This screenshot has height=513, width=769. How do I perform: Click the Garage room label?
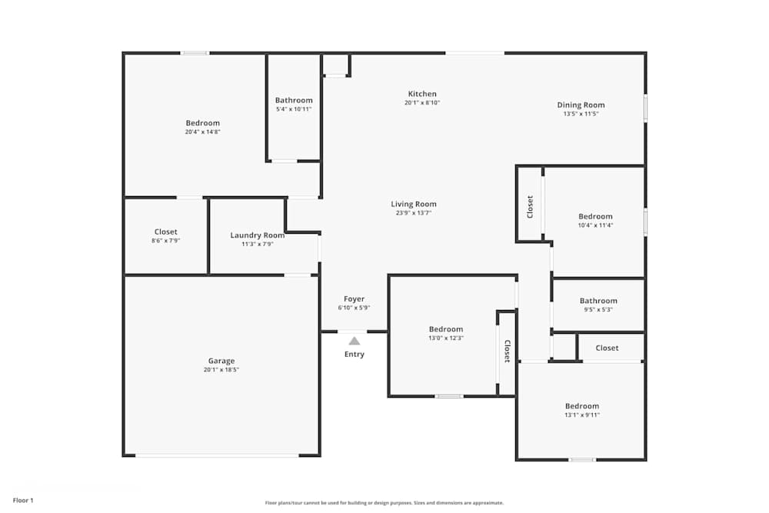(x=221, y=361)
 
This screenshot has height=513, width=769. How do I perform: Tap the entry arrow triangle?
(x=354, y=340)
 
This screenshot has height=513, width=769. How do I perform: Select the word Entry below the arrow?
(x=355, y=355)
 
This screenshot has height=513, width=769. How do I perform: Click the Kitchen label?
(x=422, y=94)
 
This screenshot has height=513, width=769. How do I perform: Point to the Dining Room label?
(x=581, y=105)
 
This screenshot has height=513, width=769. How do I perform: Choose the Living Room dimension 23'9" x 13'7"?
(x=414, y=213)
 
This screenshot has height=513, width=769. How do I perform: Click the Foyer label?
(x=354, y=299)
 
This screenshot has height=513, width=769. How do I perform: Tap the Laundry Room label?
(x=258, y=235)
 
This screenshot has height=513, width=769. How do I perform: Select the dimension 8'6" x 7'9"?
(x=165, y=241)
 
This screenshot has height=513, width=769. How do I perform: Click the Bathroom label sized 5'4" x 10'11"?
(x=294, y=100)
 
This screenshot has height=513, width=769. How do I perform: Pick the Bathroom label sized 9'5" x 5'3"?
(x=598, y=301)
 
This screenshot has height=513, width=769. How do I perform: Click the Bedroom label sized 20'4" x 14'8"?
(x=202, y=123)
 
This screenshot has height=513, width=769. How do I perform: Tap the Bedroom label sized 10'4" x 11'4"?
(x=596, y=217)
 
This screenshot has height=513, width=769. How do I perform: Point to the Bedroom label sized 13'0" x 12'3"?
(x=446, y=329)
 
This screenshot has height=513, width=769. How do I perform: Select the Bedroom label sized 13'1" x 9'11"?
(x=582, y=406)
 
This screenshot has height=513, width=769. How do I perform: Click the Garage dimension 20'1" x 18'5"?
(x=221, y=370)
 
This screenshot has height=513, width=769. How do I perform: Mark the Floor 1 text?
(x=23, y=501)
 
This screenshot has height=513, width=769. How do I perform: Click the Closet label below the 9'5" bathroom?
(x=607, y=348)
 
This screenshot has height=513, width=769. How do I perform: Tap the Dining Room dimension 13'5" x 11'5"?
(x=581, y=114)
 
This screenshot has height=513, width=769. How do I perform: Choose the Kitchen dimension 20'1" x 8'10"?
(x=422, y=103)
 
